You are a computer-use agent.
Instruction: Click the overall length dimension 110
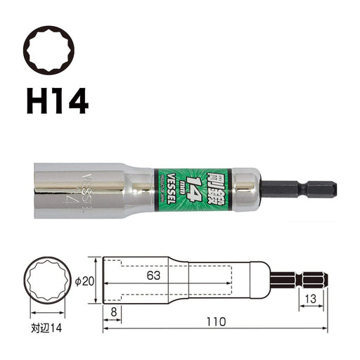pyautogui.click(x=217, y=321)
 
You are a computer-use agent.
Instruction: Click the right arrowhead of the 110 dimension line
pyautogui.click(x=326, y=328)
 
